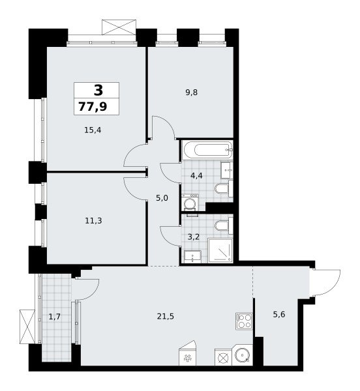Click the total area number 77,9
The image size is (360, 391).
click(x=93, y=107)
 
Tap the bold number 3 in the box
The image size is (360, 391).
click(x=98, y=90)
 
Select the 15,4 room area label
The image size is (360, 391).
click(x=93, y=130)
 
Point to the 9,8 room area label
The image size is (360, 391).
click(x=191, y=93)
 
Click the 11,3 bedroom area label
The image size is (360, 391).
click(x=93, y=221)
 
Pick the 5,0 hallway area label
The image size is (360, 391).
click(x=162, y=198)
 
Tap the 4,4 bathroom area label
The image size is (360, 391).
click(x=196, y=176)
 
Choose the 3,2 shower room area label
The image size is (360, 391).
click(x=193, y=237)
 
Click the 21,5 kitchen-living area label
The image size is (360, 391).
click(x=166, y=317)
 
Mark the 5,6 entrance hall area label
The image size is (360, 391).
click(x=279, y=315)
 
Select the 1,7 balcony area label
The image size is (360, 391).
click(x=55, y=317)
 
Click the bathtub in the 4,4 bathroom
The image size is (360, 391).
click(x=207, y=150)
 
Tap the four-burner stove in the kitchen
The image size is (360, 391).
click(x=244, y=321)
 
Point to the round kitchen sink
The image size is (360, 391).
click(x=242, y=355)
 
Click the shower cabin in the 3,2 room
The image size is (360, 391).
click(x=220, y=250)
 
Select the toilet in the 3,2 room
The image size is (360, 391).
click(x=224, y=225)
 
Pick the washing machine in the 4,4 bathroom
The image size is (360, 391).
click(x=190, y=203)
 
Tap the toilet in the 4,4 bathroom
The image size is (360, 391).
click(x=224, y=189)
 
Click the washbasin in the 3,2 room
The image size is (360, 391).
click(x=192, y=256)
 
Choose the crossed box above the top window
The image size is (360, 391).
click(x=119, y=27)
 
